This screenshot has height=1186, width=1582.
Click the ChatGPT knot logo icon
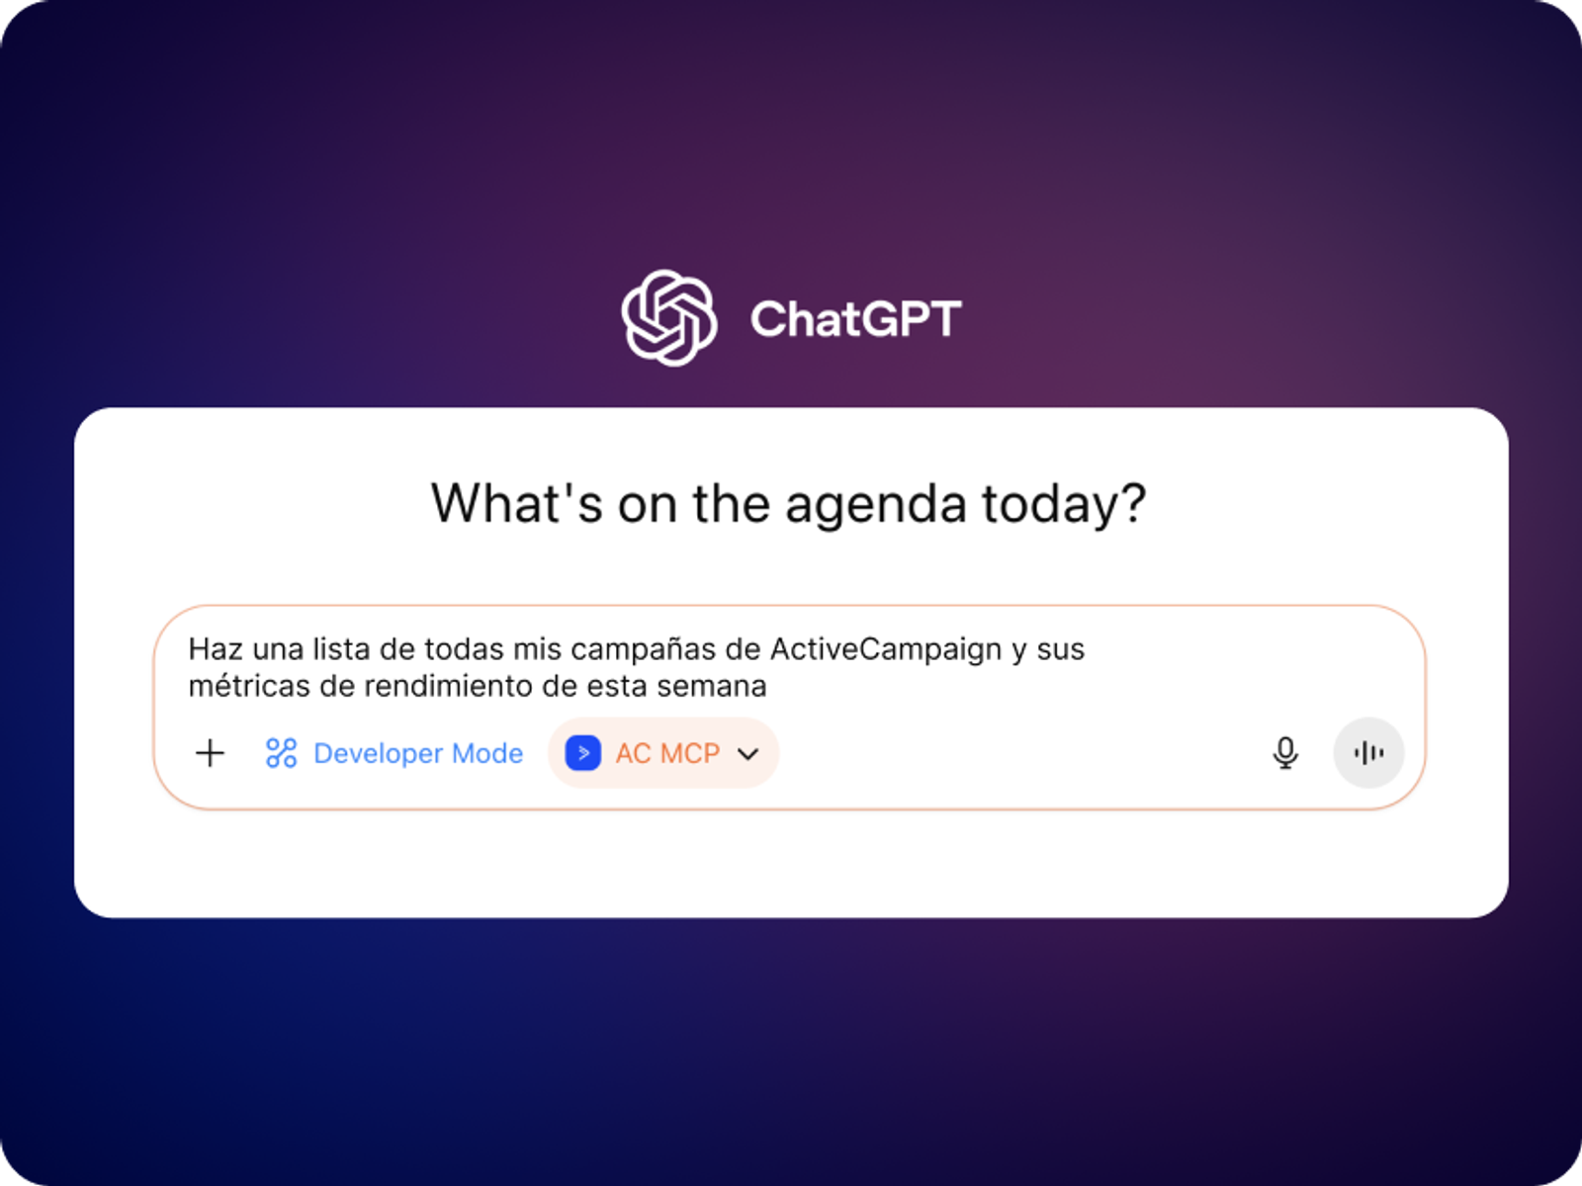pyautogui.click(x=668, y=318)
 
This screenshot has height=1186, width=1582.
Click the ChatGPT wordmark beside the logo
pyautogui.click(x=855, y=319)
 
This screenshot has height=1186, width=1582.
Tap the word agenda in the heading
pyautogui.click(x=876, y=505)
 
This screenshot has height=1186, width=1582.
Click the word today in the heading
pyautogui.click(x=1050, y=504)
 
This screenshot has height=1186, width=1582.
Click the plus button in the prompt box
pyautogui.click(x=211, y=753)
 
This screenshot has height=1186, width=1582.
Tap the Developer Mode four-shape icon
pyautogui.click(x=281, y=753)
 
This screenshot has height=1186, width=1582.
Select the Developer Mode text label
pyautogui.click(x=418, y=753)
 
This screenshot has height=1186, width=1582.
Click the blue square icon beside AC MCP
pyautogui.click(x=583, y=753)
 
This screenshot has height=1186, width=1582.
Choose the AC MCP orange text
pyautogui.click(x=667, y=753)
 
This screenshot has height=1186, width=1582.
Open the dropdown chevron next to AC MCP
pyautogui.click(x=748, y=754)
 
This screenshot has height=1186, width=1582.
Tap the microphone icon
pyautogui.click(x=1285, y=753)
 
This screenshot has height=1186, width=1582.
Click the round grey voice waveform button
pyautogui.click(x=1368, y=753)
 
